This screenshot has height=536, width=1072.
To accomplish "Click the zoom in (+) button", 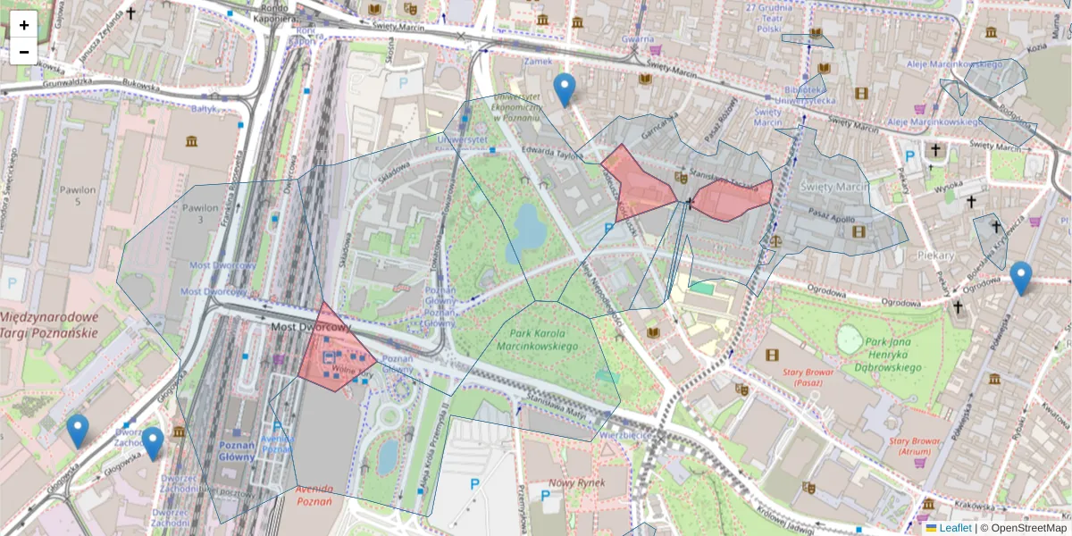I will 24,25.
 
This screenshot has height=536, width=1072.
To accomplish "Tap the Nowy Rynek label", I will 577,482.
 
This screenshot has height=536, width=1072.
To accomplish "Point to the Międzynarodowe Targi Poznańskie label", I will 48,325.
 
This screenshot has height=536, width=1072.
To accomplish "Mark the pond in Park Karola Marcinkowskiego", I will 529,228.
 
